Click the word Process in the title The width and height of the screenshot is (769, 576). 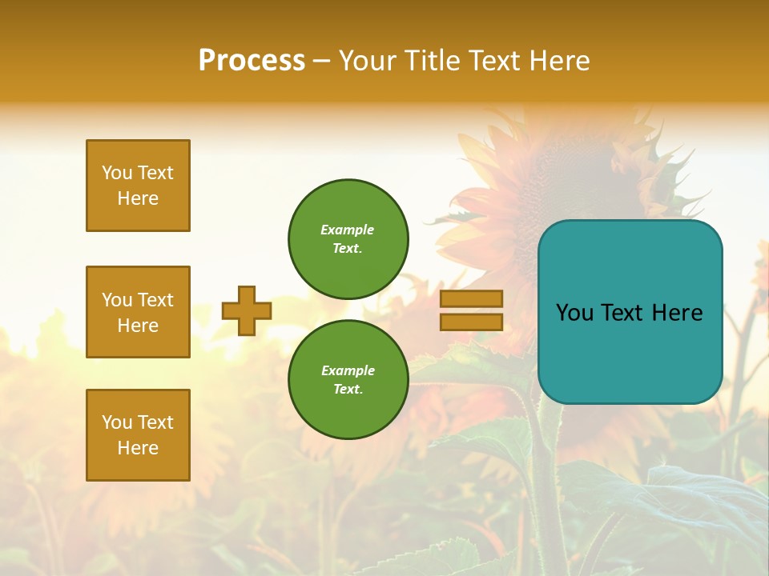[252, 60]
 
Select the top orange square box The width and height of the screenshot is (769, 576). [138, 186]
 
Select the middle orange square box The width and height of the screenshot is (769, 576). [138, 312]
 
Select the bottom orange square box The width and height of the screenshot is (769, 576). [138, 435]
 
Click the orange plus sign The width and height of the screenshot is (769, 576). [247, 310]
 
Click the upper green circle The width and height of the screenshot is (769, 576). [348, 239]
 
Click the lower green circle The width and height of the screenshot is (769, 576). [348, 380]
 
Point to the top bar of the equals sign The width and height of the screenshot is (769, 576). [471, 298]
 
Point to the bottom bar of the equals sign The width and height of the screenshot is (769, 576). [471, 322]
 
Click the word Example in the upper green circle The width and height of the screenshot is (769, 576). [348, 230]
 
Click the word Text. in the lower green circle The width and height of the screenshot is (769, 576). [348, 389]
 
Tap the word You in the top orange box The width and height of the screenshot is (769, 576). [116, 173]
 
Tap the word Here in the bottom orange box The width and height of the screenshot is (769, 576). [138, 448]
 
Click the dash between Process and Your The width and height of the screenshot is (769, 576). [321, 61]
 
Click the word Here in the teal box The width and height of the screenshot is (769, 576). [677, 313]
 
